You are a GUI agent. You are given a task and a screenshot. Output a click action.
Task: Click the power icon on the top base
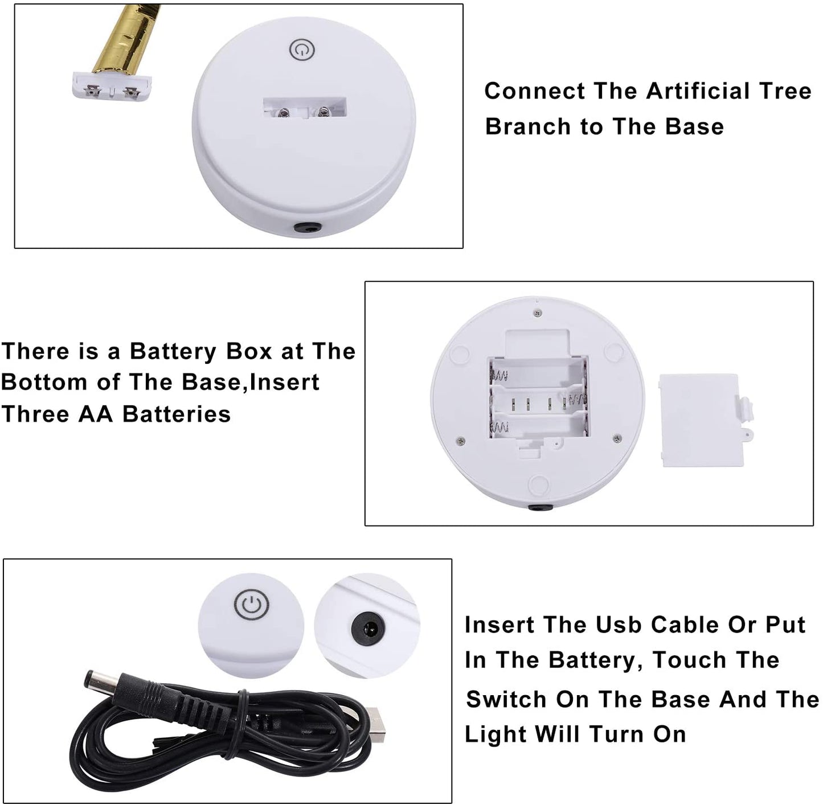[302, 50]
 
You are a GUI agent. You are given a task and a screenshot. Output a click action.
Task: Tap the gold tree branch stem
[122, 39]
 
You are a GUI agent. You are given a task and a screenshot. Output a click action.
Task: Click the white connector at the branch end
[111, 85]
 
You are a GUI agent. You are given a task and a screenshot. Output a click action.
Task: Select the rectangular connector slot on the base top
[305, 108]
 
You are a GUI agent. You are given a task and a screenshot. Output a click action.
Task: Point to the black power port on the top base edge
[306, 228]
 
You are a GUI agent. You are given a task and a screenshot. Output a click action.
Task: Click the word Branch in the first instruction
[529, 126]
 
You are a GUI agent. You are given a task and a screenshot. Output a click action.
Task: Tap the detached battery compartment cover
[706, 420]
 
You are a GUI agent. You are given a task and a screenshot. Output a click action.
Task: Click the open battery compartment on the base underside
[538, 398]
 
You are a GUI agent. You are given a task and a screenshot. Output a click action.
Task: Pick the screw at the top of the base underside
[538, 313]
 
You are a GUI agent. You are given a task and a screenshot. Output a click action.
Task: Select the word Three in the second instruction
[35, 413]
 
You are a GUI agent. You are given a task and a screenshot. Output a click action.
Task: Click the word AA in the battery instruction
[96, 413]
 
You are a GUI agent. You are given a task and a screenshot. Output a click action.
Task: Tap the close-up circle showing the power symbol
[251, 627]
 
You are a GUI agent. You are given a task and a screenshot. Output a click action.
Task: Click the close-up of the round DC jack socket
[367, 626]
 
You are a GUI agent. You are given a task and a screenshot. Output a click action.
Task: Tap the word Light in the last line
[496, 735]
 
